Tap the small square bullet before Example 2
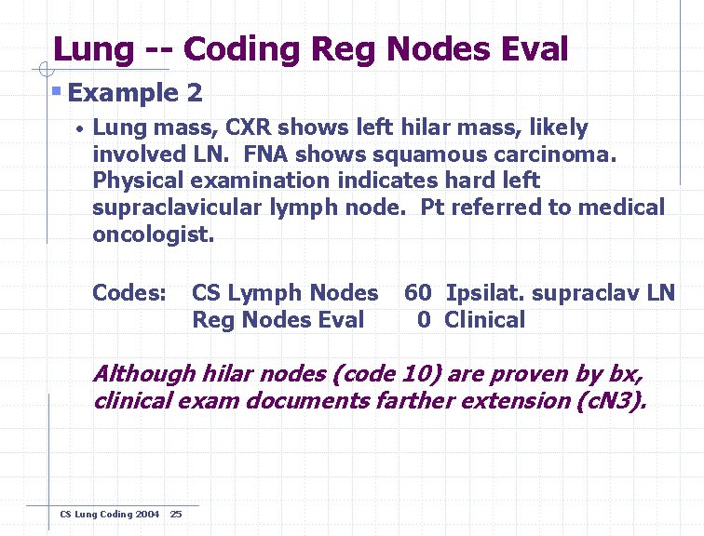pos(57,91)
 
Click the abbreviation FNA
pos(270,154)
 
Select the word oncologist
pos(152,234)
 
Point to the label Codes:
pos(129,293)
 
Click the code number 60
pos(417,293)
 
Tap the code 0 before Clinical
pos(424,320)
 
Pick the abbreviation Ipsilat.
pos(481,293)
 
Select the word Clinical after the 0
pos(484,320)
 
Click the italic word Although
pos(143,374)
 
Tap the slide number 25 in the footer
pos(176,515)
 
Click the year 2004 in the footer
pos(145,515)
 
